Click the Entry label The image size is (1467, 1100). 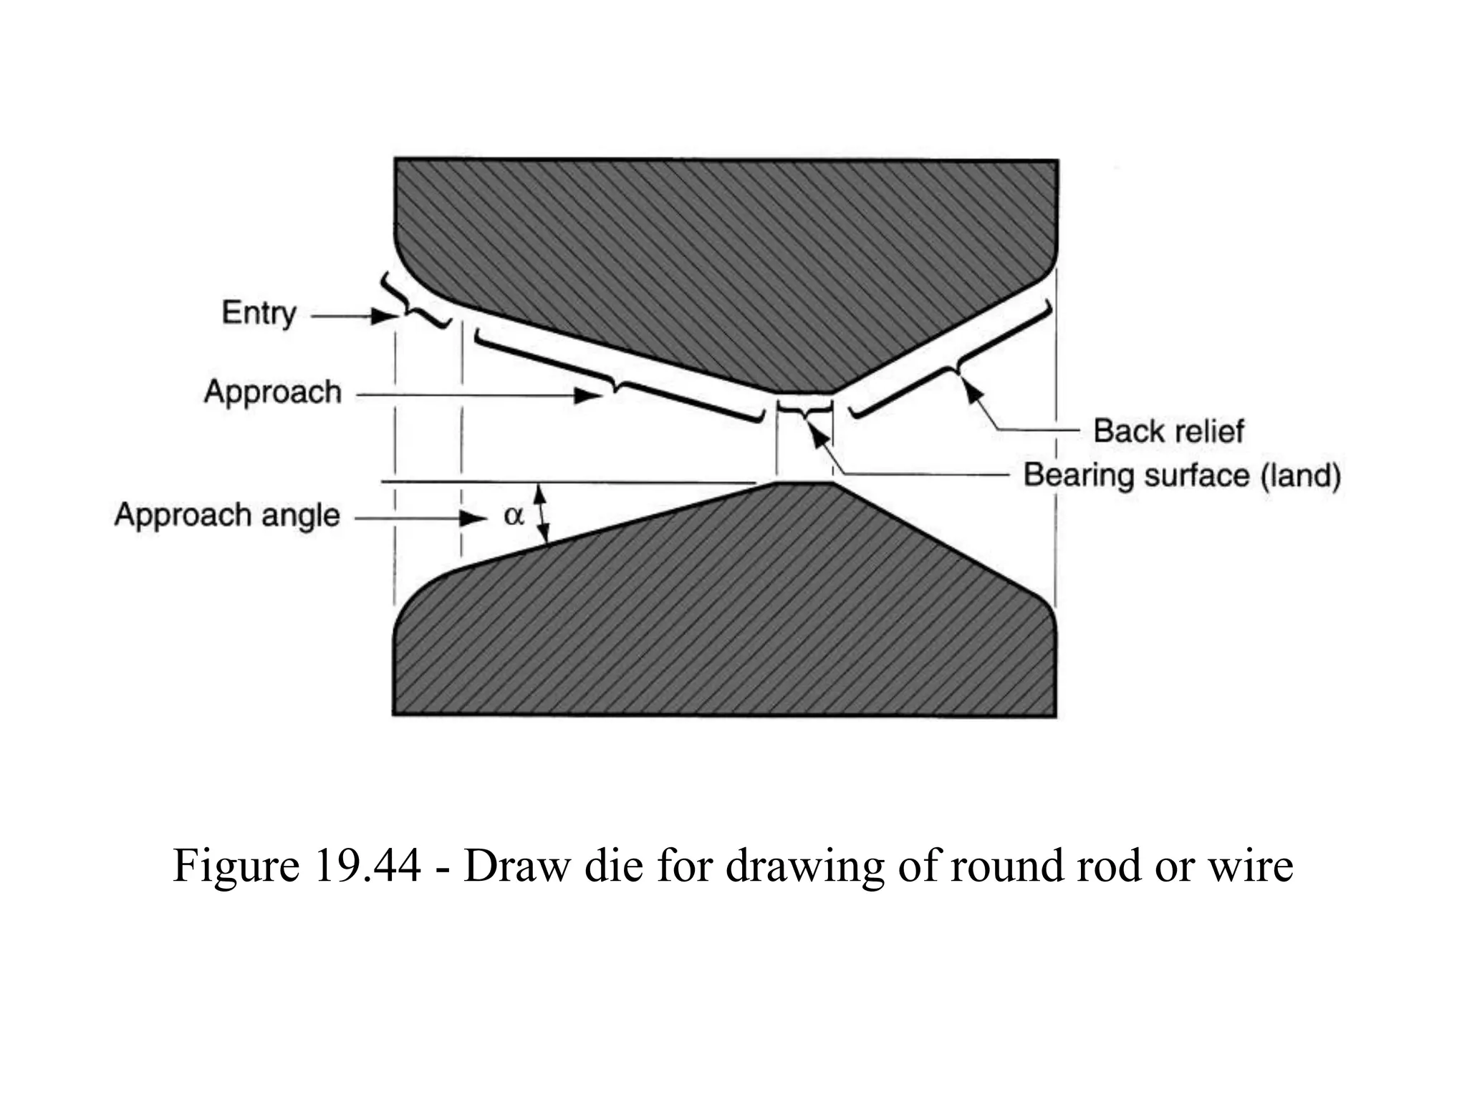pyautogui.click(x=259, y=313)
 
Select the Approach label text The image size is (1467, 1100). pyautogui.click(x=272, y=392)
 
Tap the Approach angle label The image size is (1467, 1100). pyautogui.click(x=226, y=515)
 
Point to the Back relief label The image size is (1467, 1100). pyautogui.click(x=1168, y=430)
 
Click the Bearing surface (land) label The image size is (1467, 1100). pyautogui.click(x=1181, y=476)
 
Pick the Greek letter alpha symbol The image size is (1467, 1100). pyautogui.click(x=514, y=515)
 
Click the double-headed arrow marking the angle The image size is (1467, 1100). pyautogui.click(x=542, y=513)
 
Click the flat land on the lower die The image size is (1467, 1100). pyautogui.click(x=804, y=483)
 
